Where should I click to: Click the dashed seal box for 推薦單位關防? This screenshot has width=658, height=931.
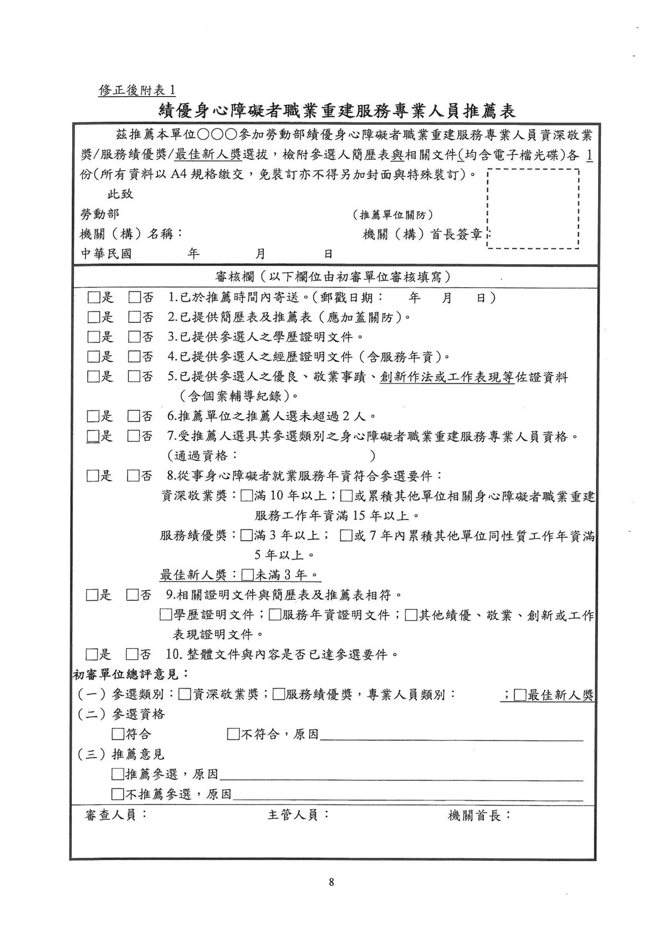pos(533,209)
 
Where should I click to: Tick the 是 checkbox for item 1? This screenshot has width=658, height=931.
pos(94,298)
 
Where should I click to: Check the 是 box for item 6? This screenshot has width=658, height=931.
pos(93,416)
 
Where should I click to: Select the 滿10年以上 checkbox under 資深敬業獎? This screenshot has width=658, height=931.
pos(246,496)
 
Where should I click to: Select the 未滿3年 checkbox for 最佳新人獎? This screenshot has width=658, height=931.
pos(247,575)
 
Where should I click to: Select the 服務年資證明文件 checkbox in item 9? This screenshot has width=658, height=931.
pos(275,615)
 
